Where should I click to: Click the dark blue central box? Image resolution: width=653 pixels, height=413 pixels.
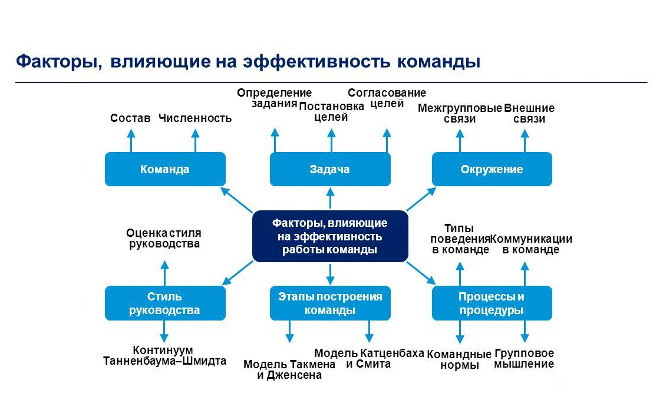point(330,236)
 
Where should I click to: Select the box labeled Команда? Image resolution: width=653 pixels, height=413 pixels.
point(165,170)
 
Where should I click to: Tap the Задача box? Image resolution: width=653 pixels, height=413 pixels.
point(330,170)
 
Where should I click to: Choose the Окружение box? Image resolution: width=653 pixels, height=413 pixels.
point(492,170)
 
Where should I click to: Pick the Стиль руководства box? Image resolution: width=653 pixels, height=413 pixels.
point(165,303)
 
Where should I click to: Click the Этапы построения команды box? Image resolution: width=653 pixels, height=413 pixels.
point(330,303)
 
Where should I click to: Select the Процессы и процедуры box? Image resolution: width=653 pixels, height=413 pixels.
point(492,303)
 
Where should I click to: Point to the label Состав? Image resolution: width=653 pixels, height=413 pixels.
point(130,118)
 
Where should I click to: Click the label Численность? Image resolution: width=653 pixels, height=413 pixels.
point(195,118)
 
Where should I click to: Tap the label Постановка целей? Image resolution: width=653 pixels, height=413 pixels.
point(331,111)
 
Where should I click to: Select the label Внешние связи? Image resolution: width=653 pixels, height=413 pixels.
point(529,114)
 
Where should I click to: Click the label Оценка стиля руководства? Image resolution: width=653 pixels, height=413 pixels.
point(164,239)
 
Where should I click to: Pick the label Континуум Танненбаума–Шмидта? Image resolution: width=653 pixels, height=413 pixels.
point(164,356)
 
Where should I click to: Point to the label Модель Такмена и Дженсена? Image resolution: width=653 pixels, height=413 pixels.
point(289,370)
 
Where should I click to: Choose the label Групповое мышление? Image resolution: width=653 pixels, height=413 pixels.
point(524,358)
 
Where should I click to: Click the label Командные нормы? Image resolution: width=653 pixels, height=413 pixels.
point(459,360)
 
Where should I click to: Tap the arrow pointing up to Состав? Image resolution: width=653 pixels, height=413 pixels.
point(131,141)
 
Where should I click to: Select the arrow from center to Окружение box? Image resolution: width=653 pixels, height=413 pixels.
point(421,199)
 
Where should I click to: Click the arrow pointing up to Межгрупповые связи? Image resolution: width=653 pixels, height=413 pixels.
point(460,141)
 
